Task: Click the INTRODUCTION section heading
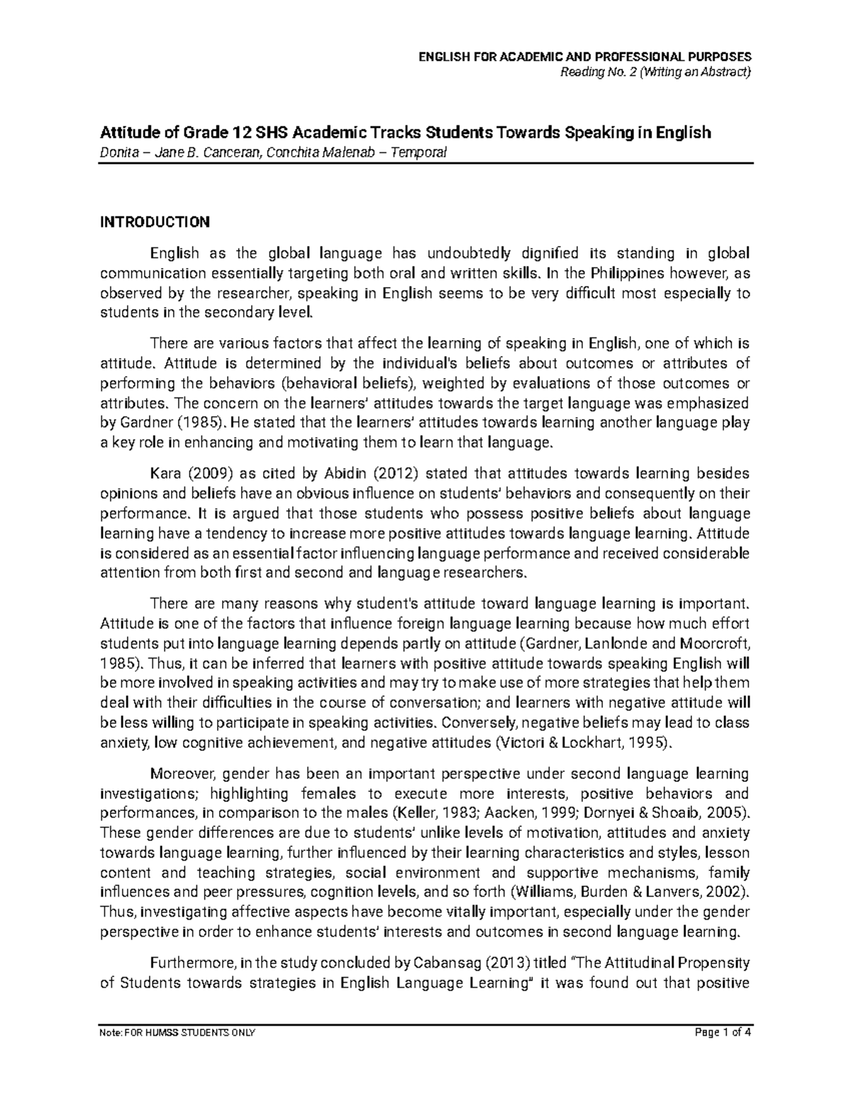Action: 155,223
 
